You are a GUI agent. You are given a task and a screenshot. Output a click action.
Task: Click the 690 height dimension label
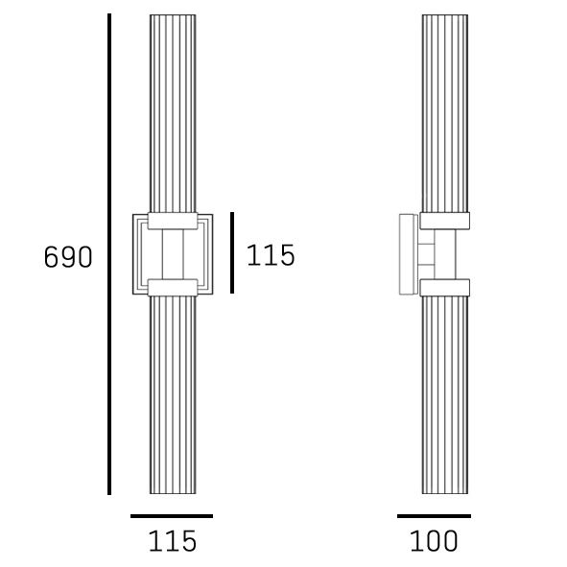tap(68, 257)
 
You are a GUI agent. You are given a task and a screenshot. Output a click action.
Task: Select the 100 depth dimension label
tap(434, 541)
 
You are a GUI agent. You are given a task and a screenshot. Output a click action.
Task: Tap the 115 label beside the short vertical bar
tap(271, 255)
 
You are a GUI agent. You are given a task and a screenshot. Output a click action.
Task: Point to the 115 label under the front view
tap(173, 541)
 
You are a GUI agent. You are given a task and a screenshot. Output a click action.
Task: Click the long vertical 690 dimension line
tap(109, 254)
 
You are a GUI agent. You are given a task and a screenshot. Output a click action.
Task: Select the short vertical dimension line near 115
tap(232, 252)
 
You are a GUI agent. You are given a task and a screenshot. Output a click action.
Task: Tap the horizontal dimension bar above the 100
tap(434, 516)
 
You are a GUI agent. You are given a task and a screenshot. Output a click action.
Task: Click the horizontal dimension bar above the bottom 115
tap(172, 516)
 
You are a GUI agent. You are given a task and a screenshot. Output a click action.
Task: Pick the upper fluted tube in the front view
tap(173, 113)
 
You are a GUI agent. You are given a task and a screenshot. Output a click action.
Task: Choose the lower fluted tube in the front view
tap(173, 395)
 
